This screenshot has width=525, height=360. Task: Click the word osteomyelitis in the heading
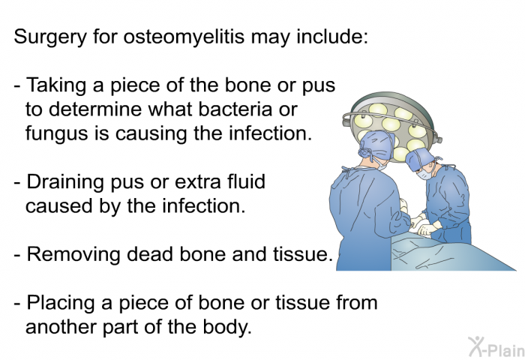click(x=184, y=37)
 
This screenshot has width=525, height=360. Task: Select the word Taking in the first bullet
click(x=56, y=85)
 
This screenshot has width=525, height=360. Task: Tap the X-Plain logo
click(x=496, y=346)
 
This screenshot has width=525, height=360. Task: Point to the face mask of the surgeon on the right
click(x=423, y=174)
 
